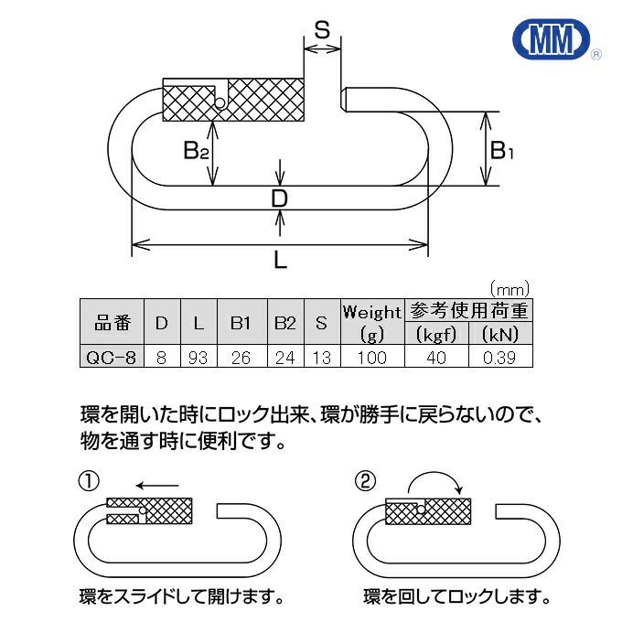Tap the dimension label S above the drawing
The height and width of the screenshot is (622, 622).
click(322, 29)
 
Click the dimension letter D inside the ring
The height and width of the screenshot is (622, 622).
click(280, 198)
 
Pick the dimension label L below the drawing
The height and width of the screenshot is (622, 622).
click(281, 261)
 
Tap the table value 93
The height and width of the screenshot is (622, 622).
click(198, 357)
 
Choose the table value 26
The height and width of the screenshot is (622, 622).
click(241, 357)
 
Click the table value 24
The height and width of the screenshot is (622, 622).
click(284, 357)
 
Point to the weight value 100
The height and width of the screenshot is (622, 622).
click(371, 357)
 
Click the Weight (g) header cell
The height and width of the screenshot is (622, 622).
click(371, 322)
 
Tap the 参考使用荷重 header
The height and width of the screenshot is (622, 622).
click(468, 311)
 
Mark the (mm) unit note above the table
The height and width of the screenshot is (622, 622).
click(509, 290)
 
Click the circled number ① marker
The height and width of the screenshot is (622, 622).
click(88, 482)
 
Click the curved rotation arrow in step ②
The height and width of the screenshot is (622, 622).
click(434, 479)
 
